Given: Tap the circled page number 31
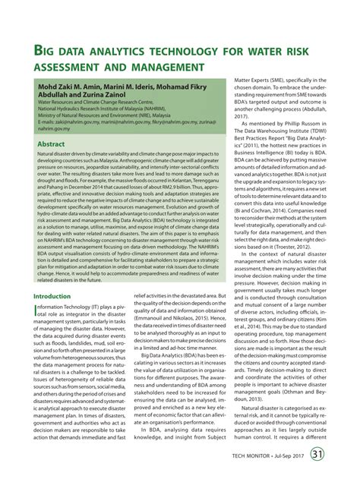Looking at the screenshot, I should coord(338,455).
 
